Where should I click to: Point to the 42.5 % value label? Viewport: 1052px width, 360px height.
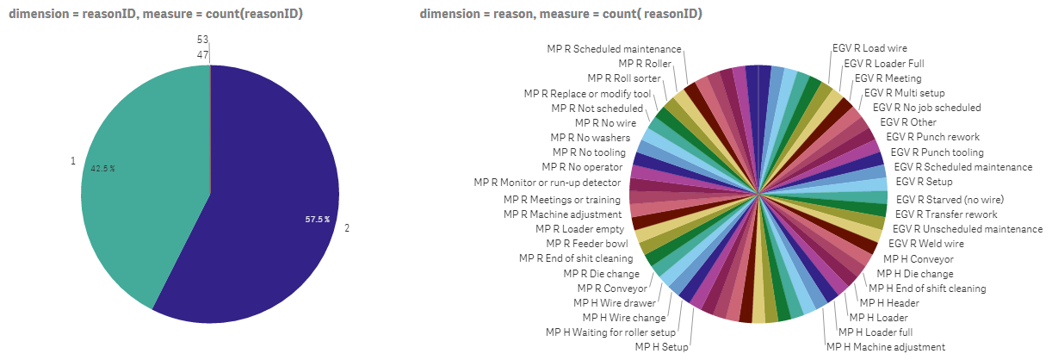pos(103,168)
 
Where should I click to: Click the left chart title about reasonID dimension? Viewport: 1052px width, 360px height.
pos(156,14)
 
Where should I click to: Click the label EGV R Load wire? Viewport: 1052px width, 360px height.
pos(869,48)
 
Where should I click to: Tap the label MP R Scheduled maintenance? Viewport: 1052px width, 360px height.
pos(615,49)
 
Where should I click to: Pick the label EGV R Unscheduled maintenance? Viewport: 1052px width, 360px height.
pos(967,229)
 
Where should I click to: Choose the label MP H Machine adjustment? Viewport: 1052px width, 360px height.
pos(886,346)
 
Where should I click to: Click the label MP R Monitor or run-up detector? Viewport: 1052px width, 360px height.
pos(547,183)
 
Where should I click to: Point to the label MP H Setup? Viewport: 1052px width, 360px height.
pos(662,346)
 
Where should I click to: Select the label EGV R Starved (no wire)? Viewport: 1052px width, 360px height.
pos(950,200)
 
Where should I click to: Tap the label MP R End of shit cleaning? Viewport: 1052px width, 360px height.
pos(576,258)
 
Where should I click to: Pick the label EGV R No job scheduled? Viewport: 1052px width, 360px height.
pos(926,108)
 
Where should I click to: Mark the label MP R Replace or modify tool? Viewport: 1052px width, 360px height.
pos(587,93)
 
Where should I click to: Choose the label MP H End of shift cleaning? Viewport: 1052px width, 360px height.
pos(927,289)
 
